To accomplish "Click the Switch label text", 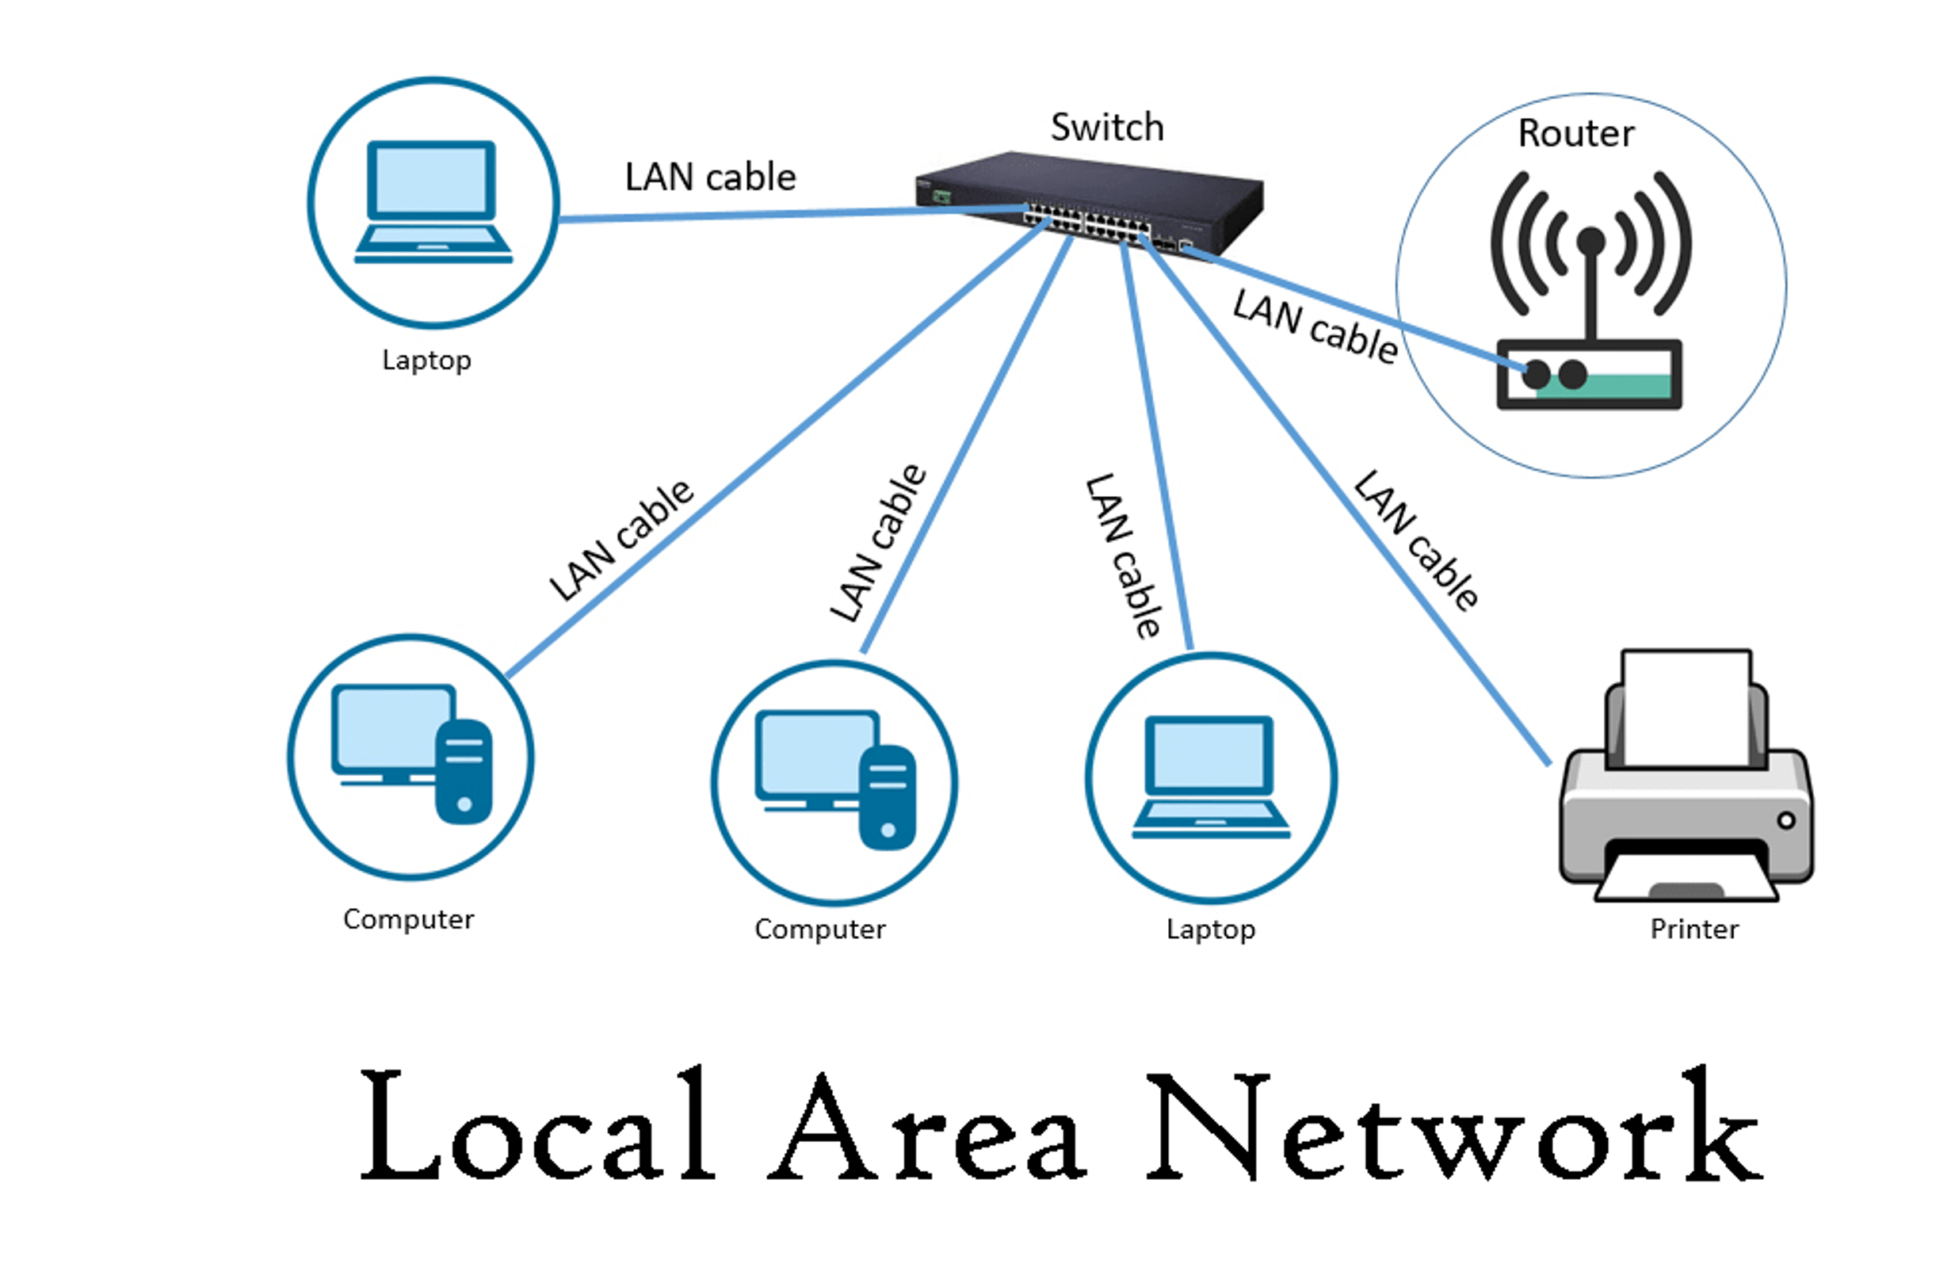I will [x=1106, y=128].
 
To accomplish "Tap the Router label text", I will [x=1575, y=133].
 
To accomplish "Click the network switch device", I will [x=1093, y=201].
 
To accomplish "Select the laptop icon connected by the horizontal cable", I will [x=433, y=202].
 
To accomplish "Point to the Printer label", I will [x=1693, y=930].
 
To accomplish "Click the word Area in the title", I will [x=928, y=1129].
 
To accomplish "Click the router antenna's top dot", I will [x=1591, y=240].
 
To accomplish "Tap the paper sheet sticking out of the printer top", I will [x=1686, y=707].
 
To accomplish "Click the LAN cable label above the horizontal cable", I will [x=711, y=178].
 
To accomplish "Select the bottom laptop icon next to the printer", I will [x=1211, y=777].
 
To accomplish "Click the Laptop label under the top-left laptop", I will [x=426, y=360].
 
